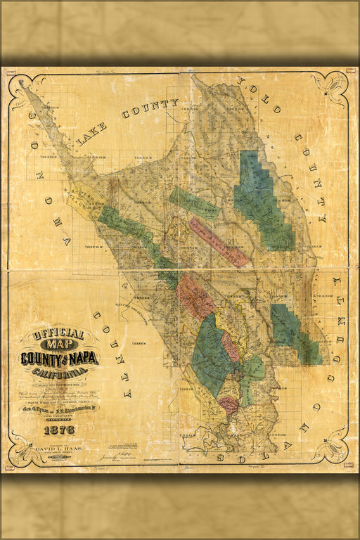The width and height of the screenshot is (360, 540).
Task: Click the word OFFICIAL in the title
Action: coord(60,334)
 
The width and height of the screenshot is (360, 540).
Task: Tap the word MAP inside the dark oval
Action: coord(60,345)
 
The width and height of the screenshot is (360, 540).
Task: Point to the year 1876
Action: coord(59,430)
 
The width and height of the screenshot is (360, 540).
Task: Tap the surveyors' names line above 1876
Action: coord(59,408)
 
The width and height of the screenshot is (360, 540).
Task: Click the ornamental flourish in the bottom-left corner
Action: coord(25,448)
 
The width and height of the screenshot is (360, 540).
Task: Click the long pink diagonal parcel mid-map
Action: coord(219,241)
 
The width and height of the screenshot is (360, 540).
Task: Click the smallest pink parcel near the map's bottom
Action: coord(228,404)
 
